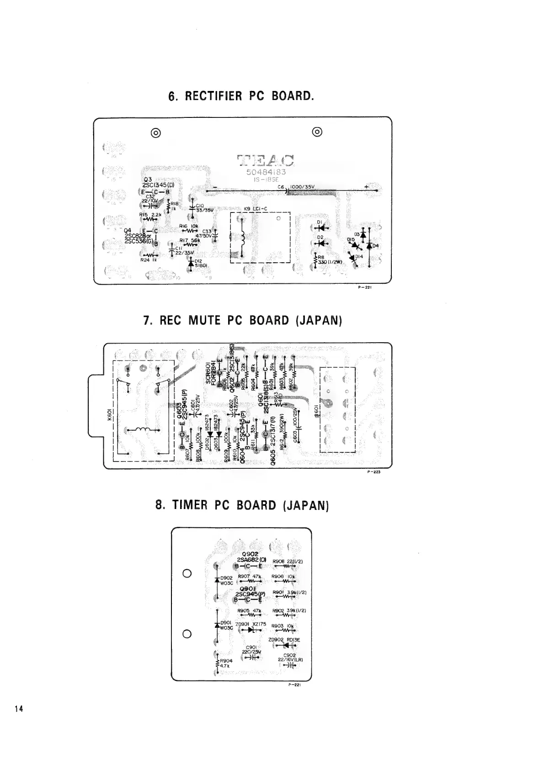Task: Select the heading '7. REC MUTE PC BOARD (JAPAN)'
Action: (x=243, y=320)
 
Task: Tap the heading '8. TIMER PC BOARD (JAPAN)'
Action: (x=242, y=505)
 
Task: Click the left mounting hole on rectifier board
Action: (x=155, y=133)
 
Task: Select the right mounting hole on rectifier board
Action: (x=318, y=132)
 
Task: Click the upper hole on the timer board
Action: (x=187, y=573)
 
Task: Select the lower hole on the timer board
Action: (x=187, y=634)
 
